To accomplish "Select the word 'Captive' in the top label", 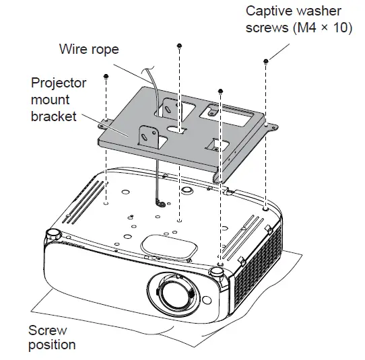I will pos(269,11).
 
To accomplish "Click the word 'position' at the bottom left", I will pos(52,345).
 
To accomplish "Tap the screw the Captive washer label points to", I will pos(267,61).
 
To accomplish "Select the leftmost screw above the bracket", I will pos(106,77).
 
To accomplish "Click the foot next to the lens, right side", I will pos(217,271).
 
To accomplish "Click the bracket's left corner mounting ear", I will pos(104,122).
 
